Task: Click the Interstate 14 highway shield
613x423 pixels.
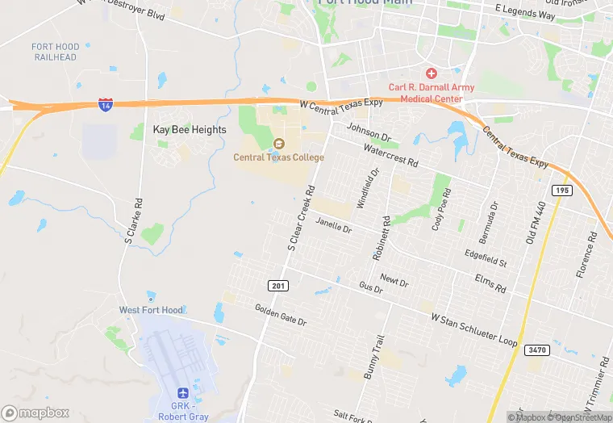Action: [x=106, y=104]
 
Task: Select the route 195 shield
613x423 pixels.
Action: [x=561, y=190]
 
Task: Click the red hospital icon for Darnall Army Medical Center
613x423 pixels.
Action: [x=432, y=73]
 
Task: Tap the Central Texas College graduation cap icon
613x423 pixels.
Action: [x=279, y=143]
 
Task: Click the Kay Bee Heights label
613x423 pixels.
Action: [x=190, y=129]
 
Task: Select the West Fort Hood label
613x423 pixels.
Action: [x=151, y=310]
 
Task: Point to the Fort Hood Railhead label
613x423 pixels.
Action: [x=55, y=52]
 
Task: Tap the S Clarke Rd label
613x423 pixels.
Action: [x=134, y=221]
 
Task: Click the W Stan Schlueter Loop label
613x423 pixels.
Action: [x=474, y=330]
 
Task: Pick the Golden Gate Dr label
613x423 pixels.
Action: [x=281, y=315]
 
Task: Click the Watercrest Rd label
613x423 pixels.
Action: [x=391, y=156]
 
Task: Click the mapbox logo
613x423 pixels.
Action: [x=35, y=413]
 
